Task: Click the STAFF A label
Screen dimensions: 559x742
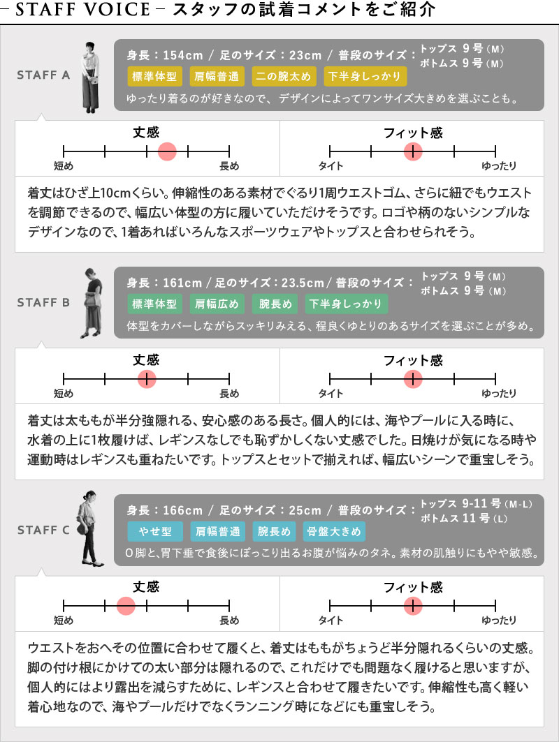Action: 43,75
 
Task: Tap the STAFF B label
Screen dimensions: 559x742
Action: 43,302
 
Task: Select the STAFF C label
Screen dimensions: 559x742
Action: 43,530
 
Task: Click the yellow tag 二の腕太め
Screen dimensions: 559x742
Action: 283,77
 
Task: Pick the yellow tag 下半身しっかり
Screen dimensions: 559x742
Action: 365,77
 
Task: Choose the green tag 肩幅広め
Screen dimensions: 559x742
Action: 217,304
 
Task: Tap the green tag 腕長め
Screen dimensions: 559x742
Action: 275,304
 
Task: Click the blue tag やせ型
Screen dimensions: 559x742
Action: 155,531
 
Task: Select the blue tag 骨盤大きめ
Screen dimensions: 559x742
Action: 334,531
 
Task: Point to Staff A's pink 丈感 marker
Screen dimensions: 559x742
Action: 167,151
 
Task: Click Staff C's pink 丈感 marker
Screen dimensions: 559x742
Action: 126,605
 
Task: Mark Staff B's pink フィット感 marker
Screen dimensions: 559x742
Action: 413,378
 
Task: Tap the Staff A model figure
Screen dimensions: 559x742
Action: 91,77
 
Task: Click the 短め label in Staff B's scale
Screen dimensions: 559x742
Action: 64,393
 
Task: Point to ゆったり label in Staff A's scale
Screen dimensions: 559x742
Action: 499,165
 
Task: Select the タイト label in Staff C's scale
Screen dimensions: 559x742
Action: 331,621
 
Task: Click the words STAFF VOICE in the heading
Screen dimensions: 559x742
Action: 83,10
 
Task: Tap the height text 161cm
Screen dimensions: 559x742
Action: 182,283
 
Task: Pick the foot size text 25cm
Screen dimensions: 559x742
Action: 305,510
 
